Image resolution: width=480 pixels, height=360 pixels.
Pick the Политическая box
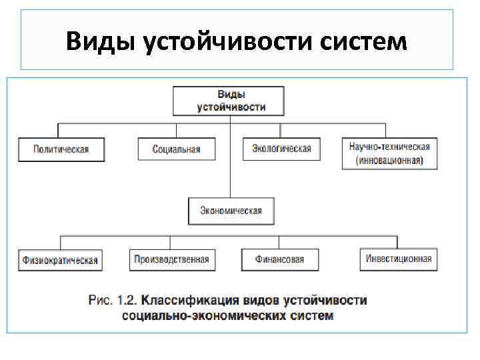[61, 149]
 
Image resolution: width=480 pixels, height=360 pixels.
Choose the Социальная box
[177, 149]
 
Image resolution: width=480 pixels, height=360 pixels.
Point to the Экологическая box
[281, 149]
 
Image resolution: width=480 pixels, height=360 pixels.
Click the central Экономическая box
[231, 211]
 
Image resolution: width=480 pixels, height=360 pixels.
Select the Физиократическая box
[60, 260]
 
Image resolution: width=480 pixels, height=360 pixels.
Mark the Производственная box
[171, 259]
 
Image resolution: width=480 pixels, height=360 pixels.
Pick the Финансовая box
[280, 259]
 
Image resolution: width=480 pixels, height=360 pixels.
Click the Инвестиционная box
[399, 259]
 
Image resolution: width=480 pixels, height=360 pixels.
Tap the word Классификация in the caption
[193, 301]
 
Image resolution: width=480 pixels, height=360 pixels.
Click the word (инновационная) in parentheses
[389, 161]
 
